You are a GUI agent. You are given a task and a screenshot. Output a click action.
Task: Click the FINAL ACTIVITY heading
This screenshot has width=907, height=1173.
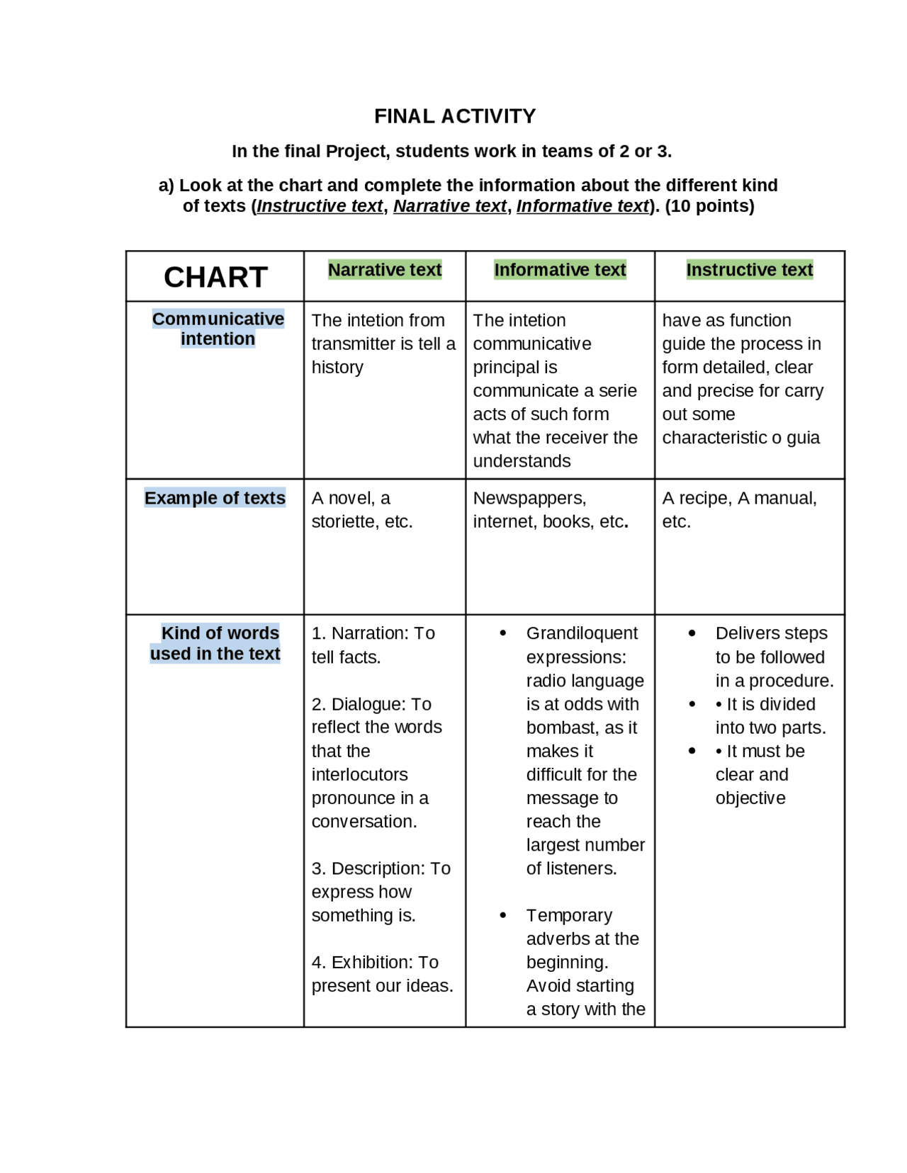[455, 116]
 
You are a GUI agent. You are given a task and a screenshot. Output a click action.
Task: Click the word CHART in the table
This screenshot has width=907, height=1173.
[215, 277]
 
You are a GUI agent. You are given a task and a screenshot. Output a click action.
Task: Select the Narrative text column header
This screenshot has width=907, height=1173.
[385, 270]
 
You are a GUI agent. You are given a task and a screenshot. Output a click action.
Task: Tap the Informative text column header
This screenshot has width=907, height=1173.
[560, 270]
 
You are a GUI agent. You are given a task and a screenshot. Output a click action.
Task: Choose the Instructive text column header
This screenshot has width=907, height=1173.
[749, 270]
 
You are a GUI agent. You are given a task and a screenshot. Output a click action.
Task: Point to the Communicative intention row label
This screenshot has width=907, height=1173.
[218, 329]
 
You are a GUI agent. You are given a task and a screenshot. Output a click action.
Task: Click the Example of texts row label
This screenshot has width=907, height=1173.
[215, 498]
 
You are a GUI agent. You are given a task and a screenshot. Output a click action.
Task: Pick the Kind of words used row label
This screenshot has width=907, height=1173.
[215, 643]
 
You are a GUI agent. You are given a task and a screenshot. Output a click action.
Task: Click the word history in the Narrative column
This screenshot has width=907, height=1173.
[337, 368]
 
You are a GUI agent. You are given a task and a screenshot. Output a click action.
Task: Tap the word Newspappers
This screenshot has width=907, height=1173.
[529, 498]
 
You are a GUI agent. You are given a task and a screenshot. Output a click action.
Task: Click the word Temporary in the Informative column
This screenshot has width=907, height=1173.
[569, 915]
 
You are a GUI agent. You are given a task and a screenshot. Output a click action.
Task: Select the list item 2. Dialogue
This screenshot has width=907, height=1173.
[371, 704]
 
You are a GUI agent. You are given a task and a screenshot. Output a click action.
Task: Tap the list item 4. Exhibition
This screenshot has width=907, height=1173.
[374, 962]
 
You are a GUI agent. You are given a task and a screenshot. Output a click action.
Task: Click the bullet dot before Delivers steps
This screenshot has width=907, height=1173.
[692, 633]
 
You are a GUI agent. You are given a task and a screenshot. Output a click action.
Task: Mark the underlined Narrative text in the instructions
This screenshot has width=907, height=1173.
[450, 206]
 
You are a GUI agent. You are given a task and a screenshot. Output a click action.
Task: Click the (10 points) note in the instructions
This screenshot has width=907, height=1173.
[709, 206]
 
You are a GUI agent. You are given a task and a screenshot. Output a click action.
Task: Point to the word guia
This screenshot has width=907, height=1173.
[803, 438]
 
